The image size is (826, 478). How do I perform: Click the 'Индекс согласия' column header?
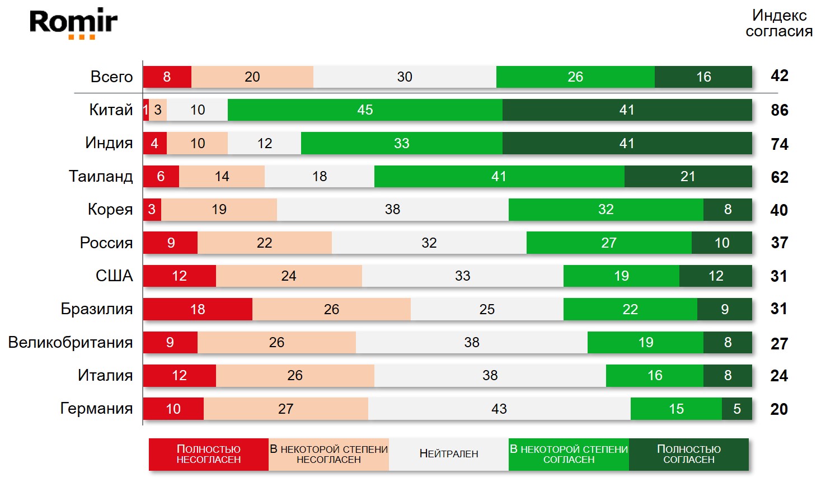click(779, 23)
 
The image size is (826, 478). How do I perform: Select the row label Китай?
click(111, 110)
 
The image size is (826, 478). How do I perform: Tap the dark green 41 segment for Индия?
click(627, 143)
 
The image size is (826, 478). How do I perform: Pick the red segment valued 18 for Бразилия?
click(198, 309)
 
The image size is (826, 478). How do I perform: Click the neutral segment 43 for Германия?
click(499, 409)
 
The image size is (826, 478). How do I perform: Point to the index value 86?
click(779, 110)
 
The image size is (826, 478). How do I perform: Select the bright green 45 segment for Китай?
click(365, 110)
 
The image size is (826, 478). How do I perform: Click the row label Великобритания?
click(71, 342)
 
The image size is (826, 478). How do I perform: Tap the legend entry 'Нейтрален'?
click(449, 454)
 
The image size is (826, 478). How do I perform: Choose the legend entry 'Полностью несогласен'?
click(209, 454)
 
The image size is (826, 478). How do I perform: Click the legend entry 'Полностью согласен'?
click(688, 454)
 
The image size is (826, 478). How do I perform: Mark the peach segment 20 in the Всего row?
click(252, 77)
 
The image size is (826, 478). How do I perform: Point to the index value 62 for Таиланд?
click(779, 177)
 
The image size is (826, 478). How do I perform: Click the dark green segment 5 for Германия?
click(736, 409)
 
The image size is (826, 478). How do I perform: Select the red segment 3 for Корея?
click(152, 210)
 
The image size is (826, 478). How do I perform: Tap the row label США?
click(114, 276)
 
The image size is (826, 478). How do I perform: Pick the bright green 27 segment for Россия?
click(609, 243)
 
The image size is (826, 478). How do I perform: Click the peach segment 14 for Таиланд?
click(222, 177)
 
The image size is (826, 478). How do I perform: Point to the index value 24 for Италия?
click(779, 376)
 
